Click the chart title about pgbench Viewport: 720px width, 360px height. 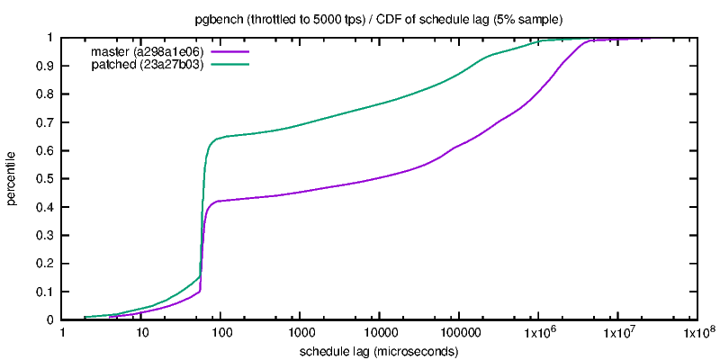click(379, 18)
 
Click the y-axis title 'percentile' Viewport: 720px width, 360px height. click(13, 178)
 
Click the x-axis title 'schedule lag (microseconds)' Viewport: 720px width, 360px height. click(379, 351)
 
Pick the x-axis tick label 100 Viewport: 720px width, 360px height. click(221, 334)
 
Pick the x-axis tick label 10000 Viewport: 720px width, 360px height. click(380, 334)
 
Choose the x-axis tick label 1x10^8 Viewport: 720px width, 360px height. click(697, 334)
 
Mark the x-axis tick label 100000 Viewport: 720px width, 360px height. click(459, 334)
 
